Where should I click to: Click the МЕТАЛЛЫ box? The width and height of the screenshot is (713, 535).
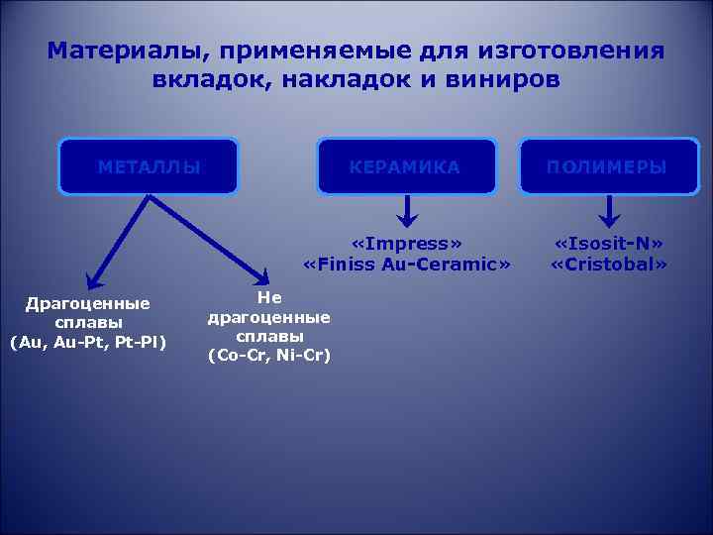pos(149,166)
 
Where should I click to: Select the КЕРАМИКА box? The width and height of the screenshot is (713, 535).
pos(406,166)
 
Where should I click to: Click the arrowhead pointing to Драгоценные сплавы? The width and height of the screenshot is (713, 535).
pos(90,279)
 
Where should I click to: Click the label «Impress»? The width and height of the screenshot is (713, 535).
pos(406,244)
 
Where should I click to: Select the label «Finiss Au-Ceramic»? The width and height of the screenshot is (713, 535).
pos(406,265)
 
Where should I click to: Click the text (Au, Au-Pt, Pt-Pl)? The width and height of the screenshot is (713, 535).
pos(88,343)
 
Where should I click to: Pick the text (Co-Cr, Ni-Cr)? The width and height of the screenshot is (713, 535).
pos(268,355)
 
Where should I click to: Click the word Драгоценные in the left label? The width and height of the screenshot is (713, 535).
pos(88,303)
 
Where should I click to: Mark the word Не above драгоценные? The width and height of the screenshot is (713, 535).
pos(268,297)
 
